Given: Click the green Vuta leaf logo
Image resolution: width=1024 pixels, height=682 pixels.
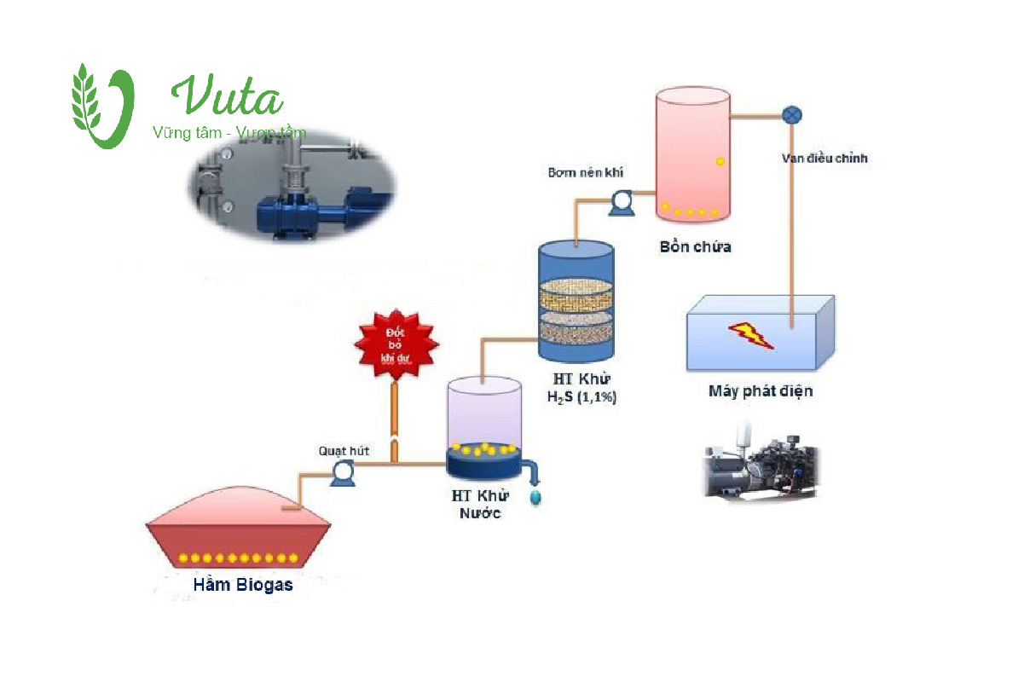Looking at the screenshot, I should pyautogui.click(x=101, y=106).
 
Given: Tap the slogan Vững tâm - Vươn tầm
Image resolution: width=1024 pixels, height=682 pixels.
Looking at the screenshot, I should pyautogui.click(x=229, y=133).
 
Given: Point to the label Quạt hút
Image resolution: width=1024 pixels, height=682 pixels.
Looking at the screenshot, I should pyautogui.click(x=344, y=450).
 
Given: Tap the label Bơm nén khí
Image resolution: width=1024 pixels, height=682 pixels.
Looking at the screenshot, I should pyautogui.click(x=585, y=172).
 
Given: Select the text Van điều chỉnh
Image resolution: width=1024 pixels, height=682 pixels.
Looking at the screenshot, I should pyautogui.click(x=824, y=158).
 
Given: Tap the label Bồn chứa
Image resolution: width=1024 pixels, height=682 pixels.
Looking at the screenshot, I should pyautogui.click(x=695, y=247).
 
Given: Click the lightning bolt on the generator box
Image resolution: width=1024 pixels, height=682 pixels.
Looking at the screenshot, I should pyautogui.click(x=751, y=333).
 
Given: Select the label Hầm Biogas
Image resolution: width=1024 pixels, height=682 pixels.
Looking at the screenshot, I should pyautogui.click(x=243, y=584).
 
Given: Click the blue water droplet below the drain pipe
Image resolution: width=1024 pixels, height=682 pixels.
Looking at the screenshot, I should pyautogui.click(x=535, y=497).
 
